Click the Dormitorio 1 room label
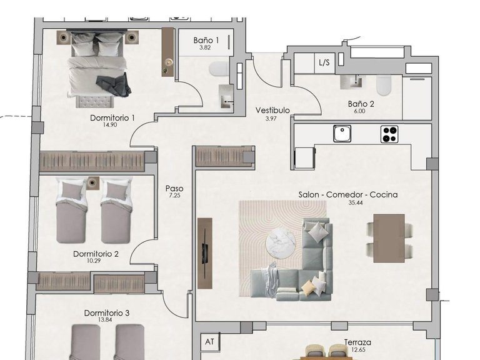point(112,118)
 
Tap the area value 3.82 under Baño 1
point(205,47)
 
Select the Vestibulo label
point(272,110)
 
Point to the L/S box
point(324,63)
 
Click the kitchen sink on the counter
point(342,134)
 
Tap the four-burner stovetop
point(389,134)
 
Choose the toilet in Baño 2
point(384,86)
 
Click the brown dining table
point(389,239)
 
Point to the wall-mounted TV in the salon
point(205,253)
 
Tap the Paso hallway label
point(174,188)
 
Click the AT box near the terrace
point(210,342)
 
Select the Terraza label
point(357,342)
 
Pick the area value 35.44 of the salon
point(356,202)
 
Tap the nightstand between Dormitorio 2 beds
point(92,183)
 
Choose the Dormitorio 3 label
point(106,313)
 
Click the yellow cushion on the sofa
point(307,287)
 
